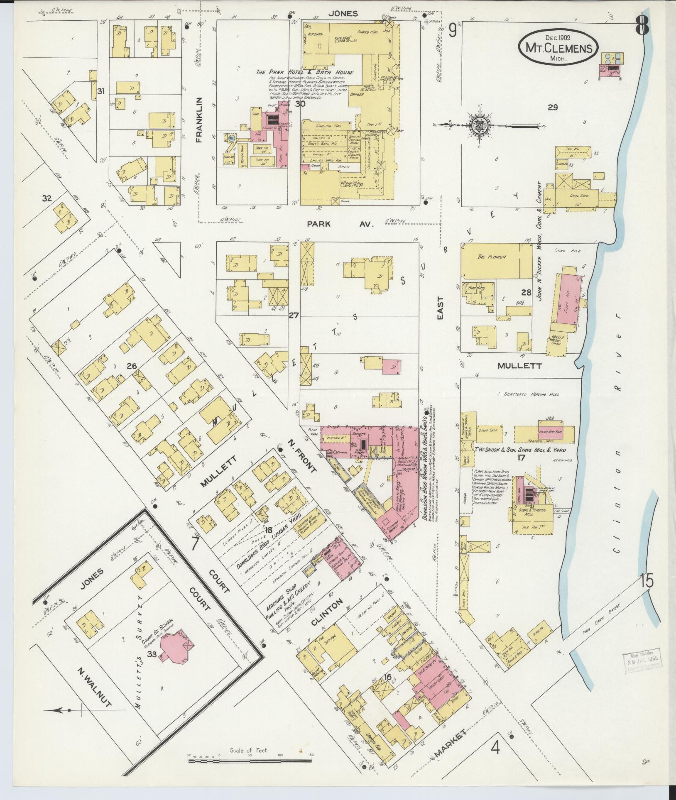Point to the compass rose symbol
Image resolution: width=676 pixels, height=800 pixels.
click(x=478, y=124)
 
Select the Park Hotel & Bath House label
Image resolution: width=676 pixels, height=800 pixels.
click(x=304, y=72)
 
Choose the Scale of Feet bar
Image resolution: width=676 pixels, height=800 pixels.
click(x=250, y=761)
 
